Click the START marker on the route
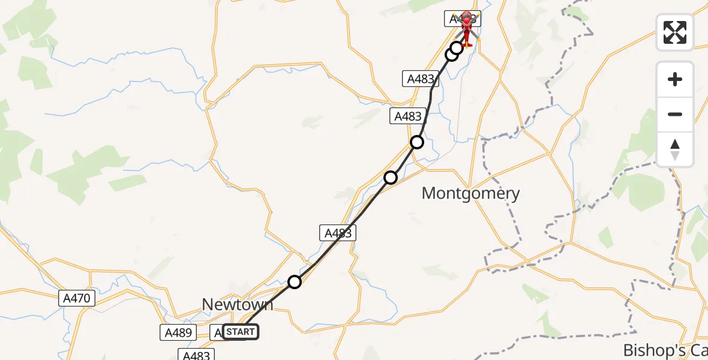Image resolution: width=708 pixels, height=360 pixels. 241,332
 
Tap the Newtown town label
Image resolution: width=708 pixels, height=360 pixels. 237,304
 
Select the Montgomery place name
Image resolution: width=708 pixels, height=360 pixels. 470,193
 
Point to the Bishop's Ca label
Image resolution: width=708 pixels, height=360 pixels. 665,350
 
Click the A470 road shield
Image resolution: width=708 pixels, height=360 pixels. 77,298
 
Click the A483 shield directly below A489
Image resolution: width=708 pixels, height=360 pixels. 196,355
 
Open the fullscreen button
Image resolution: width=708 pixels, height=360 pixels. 675,32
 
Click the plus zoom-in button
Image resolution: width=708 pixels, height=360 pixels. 675,79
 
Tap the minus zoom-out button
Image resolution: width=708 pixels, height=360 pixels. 675,114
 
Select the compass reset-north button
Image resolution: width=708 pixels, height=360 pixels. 675,149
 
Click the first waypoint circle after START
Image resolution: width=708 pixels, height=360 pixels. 294,281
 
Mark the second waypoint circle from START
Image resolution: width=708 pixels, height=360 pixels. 391,177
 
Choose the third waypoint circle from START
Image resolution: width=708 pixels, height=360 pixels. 416,142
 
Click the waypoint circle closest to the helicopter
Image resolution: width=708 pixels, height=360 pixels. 457,47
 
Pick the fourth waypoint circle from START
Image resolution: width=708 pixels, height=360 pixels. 451,55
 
